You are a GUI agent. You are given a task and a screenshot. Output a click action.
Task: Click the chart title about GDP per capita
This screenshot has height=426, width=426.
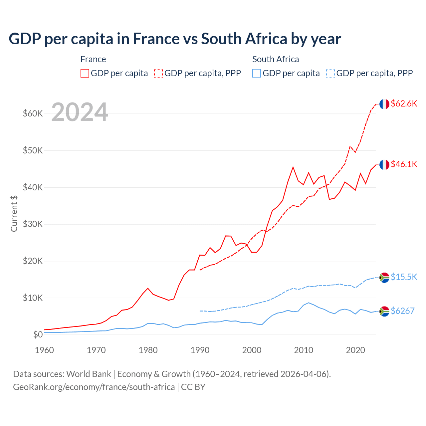click(x=175, y=39)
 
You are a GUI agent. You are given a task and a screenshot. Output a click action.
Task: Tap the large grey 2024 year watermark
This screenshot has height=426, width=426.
click(x=80, y=112)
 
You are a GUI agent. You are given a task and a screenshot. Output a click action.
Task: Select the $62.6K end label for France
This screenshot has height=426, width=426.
click(x=404, y=104)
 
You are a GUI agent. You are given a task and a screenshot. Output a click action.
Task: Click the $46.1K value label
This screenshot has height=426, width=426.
click(x=404, y=164)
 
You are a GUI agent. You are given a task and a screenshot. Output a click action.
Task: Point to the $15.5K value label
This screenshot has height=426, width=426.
click(x=404, y=277)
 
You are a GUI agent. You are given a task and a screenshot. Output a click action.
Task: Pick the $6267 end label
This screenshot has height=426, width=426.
click(x=402, y=311)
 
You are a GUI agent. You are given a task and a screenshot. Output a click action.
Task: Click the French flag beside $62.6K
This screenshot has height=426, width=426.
click(x=384, y=104)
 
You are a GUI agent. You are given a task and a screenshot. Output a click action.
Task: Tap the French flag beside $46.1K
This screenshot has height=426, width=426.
click(x=384, y=164)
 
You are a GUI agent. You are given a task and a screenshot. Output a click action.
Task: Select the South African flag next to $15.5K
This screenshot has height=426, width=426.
click(x=384, y=277)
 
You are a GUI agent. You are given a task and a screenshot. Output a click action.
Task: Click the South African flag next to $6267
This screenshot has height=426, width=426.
click(x=384, y=311)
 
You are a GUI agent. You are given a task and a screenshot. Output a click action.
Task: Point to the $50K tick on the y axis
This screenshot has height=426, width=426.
click(x=33, y=150)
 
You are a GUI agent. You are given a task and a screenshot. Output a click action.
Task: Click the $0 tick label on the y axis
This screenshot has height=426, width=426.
click(x=38, y=334)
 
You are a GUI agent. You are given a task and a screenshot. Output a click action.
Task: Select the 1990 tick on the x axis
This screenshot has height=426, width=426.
click(x=200, y=350)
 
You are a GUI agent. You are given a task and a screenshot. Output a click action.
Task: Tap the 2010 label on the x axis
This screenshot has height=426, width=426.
click(x=304, y=350)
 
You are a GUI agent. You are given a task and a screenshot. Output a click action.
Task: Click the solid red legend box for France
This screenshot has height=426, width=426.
click(x=85, y=73)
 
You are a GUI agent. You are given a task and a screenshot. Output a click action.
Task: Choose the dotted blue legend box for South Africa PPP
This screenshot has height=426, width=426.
click(x=330, y=73)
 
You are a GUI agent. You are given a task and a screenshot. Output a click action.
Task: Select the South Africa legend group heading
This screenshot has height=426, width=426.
click(x=276, y=59)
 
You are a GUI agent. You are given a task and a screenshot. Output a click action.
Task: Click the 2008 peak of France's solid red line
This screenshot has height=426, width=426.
click(x=293, y=167)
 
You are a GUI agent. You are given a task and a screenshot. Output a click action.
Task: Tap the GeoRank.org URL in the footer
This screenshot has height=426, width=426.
click(x=94, y=387)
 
